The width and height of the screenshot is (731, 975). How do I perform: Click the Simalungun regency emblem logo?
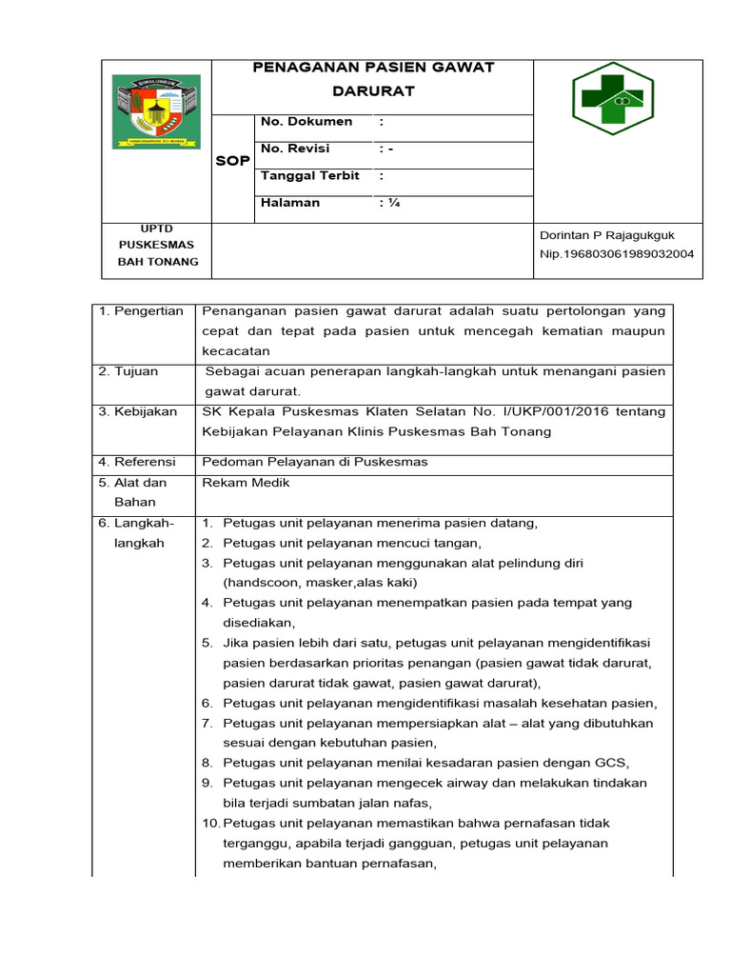tap(157, 111)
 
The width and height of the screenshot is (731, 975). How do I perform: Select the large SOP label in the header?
tap(232, 161)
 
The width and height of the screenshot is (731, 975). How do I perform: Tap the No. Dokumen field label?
tap(306, 122)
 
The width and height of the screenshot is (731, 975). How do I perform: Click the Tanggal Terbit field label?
tap(309, 176)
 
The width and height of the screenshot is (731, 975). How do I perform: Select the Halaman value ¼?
tap(389, 203)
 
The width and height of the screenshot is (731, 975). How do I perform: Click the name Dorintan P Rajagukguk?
tap(606, 235)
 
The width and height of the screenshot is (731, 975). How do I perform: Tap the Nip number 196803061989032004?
tap(617, 254)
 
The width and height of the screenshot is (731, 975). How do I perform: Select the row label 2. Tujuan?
tap(128, 371)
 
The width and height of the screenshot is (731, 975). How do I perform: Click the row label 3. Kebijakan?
tap(138, 412)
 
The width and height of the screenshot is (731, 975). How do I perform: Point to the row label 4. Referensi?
tap(138, 463)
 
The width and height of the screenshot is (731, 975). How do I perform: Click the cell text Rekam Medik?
tap(246, 483)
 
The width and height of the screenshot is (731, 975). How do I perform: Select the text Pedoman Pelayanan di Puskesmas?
tap(315, 463)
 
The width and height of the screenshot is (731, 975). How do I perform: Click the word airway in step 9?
tap(456, 783)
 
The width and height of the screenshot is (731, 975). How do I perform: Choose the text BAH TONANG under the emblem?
tap(157, 262)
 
